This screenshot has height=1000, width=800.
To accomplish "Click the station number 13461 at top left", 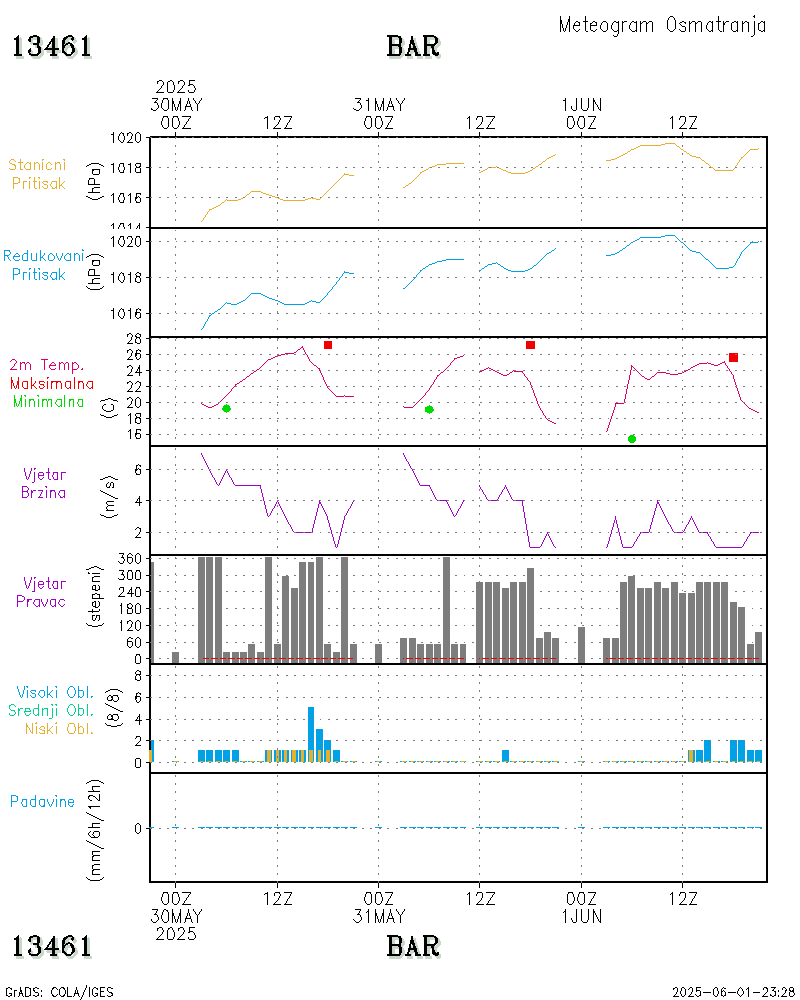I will click(52, 47).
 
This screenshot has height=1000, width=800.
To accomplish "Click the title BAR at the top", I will click(413, 47).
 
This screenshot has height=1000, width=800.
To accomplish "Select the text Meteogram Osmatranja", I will click(662, 25).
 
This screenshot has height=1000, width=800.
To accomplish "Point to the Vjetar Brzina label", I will click(44, 482).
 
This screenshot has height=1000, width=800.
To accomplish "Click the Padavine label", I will click(42, 801).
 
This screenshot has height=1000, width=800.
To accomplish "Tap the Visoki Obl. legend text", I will click(55, 692).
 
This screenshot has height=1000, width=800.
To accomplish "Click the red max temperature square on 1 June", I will click(733, 357).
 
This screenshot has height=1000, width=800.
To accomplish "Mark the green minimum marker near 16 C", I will click(631, 439).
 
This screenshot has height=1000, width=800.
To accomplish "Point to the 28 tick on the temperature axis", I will click(133, 338).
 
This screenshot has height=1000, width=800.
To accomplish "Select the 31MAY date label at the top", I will click(379, 105).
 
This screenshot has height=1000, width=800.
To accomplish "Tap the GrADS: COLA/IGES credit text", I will click(59, 992).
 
